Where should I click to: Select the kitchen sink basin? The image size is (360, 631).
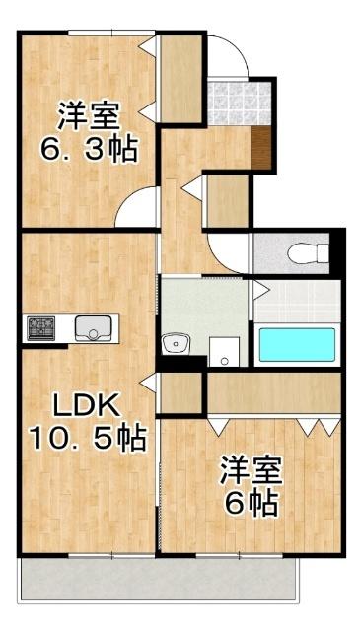(x=95, y=327)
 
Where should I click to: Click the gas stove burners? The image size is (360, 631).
(x=42, y=327)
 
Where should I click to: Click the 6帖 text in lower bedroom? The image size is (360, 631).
(x=248, y=503)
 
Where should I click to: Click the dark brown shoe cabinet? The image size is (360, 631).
(x=261, y=148)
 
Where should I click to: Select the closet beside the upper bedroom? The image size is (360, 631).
(x=180, y=79)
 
